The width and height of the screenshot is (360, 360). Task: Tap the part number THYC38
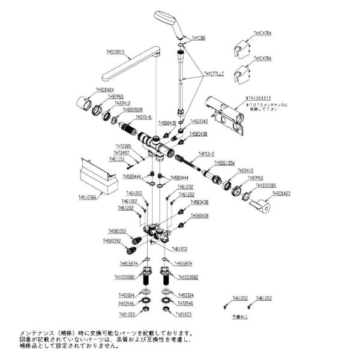(198, 37)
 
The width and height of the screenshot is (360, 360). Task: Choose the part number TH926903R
(133, 110)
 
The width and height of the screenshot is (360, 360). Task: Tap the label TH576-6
(145, 117)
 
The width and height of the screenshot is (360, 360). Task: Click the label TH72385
(124, 146)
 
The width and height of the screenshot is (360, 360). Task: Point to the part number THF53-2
(206, 154)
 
